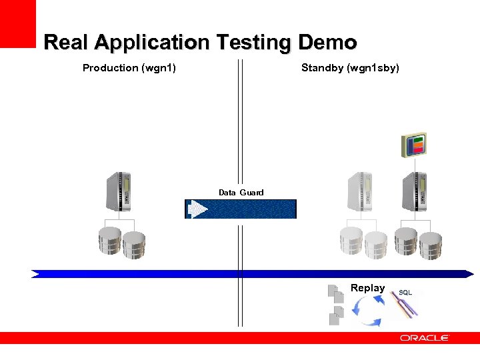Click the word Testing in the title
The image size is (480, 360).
[x=253, y=43]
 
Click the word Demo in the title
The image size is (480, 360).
[x=327, y=43]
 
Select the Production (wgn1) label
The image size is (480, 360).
[x=129, y=67]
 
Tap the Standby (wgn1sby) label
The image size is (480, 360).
[x=350, y=67]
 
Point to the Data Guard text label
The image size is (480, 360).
[x=241, y=193]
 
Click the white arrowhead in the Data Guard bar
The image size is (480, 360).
[x=198, y=209]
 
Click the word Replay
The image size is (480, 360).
[x=367, y=288]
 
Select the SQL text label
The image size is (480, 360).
[x=405, y=293]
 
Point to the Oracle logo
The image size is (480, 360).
[x=424, y=339]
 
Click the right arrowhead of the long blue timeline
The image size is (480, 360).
[x=469, y=273]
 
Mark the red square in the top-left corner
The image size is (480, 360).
[x=17, y=23]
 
